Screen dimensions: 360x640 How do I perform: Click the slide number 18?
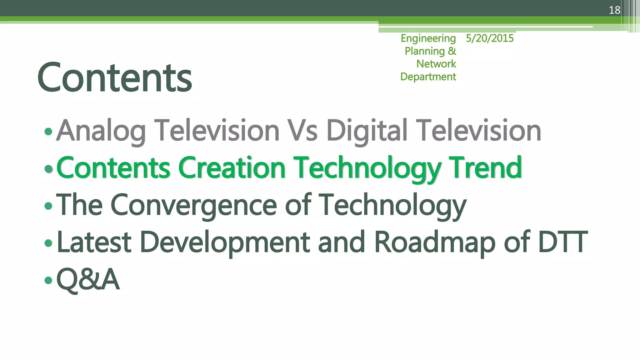[614, 10]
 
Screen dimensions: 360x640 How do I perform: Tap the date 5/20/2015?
[489, 38]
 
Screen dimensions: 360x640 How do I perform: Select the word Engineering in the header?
[428, 38]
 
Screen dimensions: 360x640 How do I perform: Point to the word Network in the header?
[436, 64]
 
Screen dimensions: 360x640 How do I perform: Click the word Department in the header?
[428, 77]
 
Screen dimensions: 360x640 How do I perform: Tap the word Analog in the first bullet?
[101, 131]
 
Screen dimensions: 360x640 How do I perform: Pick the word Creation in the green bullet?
[232, 168]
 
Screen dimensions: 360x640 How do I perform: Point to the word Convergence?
[193, 205]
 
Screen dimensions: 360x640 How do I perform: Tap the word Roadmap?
[434, 242]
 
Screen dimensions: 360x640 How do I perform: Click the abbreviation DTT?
[562, 242]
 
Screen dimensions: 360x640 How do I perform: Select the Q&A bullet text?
[88, 279]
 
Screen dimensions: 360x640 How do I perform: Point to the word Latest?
[94, 242]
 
